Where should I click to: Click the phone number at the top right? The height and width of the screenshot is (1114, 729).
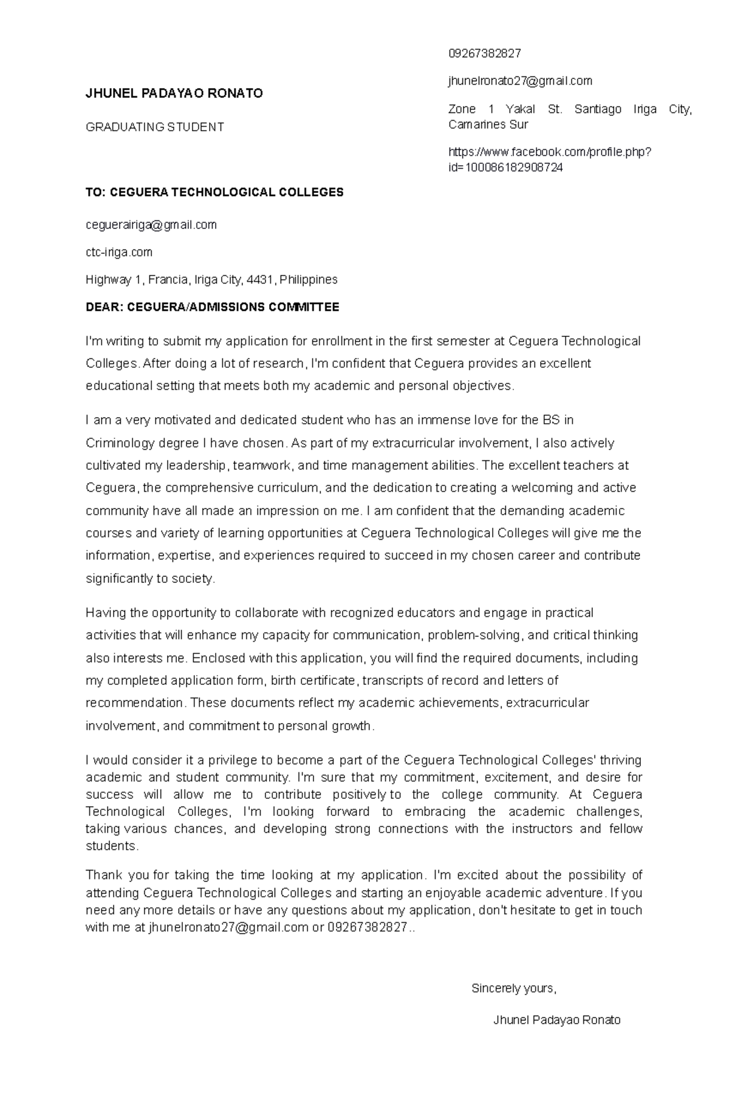[x=484, y=53]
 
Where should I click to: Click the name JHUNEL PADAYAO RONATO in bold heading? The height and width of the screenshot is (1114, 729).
[x=174, y=93]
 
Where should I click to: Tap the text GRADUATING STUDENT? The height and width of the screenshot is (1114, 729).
[x=155, y=127]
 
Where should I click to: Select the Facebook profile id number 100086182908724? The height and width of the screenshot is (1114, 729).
[x=514, y=168]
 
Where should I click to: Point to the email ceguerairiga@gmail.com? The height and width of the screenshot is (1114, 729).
[x=151, y=225]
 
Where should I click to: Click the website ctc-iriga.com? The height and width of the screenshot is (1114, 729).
[x=119, y=252]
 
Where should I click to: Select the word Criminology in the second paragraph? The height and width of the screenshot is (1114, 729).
[x=120, y=443]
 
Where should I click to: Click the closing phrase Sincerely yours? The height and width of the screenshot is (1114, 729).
[x=514, y=988]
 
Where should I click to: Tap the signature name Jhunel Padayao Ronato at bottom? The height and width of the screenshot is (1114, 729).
[x=557, y=1020]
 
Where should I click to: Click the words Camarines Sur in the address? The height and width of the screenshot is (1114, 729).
[x=488, y=124]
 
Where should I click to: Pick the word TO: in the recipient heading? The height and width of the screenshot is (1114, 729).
[x=96, y=192]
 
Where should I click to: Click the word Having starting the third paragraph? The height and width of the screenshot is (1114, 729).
[x=104, y=613]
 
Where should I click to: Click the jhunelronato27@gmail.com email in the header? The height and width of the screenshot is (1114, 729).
[x=519, y=81]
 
